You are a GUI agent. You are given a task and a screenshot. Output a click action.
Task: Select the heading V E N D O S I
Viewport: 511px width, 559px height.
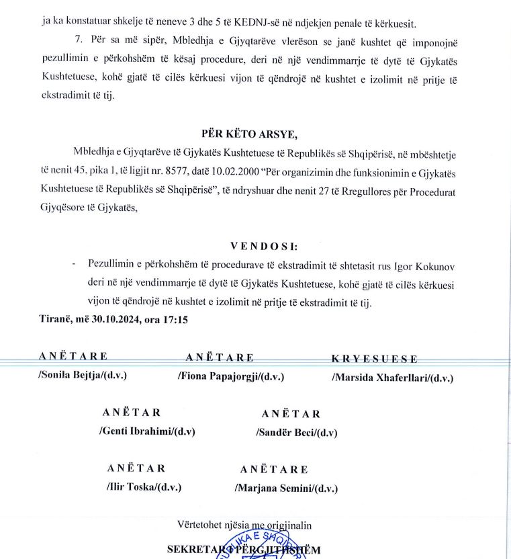click(259, 246)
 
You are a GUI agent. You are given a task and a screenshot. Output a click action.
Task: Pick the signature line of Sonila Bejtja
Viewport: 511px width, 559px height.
click(83, 376)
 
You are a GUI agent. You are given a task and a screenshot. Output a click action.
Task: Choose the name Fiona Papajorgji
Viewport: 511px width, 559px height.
click(231, 377)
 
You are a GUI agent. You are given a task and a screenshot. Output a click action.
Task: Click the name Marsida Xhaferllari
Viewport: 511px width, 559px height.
click(392, 378)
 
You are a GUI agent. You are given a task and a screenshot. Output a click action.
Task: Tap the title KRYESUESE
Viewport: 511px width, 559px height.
click(374, 359)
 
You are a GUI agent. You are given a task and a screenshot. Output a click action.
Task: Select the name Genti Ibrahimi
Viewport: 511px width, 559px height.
click(147, 431)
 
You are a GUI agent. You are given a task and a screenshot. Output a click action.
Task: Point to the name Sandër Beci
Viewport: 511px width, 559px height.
click(296, 433)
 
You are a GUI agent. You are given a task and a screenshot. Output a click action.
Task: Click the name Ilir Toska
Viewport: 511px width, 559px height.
click(143, 487)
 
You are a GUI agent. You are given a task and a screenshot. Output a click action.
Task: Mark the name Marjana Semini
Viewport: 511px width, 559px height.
click(285, 488)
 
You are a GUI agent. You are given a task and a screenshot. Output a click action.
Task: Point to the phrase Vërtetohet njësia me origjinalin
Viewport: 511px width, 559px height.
click(244, 524)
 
